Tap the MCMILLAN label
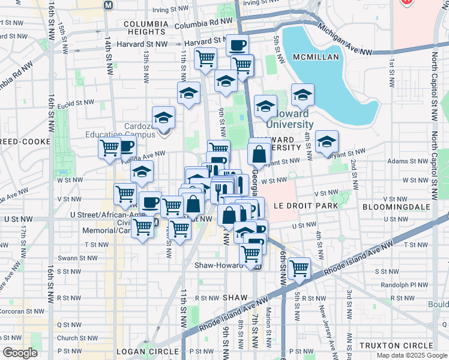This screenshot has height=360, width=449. coord(316,57)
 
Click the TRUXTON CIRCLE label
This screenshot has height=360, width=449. coord(396,346)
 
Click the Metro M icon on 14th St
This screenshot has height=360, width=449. coord(108,5)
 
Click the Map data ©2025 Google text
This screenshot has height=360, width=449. coord(412,355)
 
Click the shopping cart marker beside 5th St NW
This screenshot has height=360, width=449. coord(299,268)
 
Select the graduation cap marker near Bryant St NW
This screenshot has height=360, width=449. coord(327,141)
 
